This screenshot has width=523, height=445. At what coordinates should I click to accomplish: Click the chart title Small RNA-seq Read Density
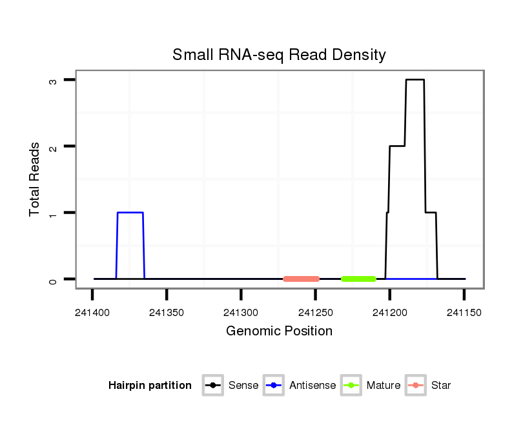(279, 55)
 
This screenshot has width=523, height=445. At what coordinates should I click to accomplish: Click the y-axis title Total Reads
(35, 179)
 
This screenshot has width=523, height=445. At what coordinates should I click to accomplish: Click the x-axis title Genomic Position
(279, 331)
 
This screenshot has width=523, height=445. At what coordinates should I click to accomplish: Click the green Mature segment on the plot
(358, 279)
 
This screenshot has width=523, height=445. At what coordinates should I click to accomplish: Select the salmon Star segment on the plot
(301, 279)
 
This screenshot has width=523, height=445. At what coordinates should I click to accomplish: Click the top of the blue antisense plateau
(130, 212)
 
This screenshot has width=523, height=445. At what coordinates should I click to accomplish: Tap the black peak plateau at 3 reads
(415, 79)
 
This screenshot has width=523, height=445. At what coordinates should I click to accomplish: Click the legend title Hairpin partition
(150, 386)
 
